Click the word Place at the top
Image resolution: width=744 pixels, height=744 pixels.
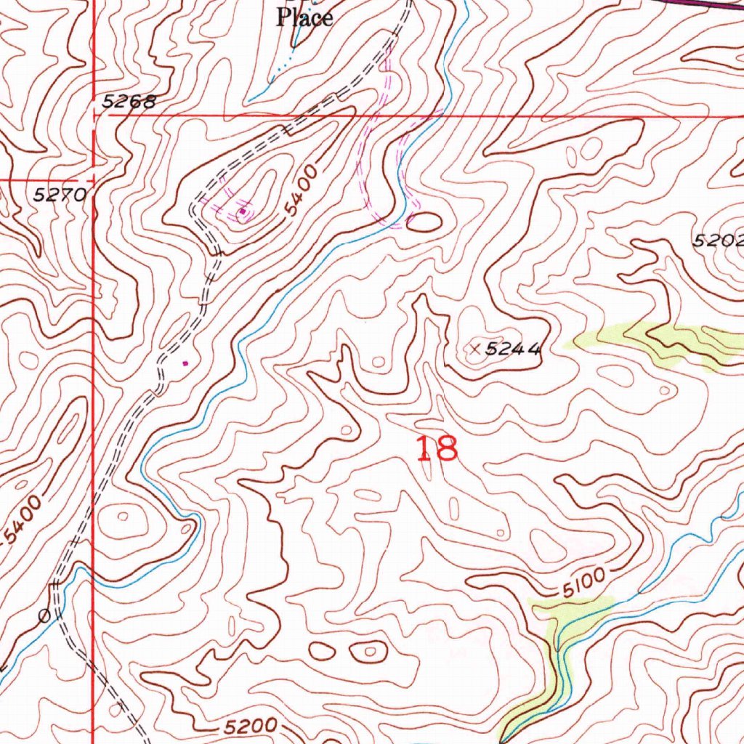click(304, 17)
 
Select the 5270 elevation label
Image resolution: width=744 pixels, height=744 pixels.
click(61, 194)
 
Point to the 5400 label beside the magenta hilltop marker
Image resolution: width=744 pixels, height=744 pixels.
click(302, 190)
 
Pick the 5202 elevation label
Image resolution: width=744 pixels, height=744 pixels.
click(718, 240)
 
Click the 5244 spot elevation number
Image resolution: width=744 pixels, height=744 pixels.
click(513, 349)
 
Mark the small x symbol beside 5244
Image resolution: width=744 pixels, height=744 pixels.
click(475, 349)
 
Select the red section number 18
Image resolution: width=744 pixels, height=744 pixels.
click(437, 449)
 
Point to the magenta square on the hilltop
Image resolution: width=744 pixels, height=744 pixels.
click(242, 212)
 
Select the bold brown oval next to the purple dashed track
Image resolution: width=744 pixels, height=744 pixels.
click(424, 222)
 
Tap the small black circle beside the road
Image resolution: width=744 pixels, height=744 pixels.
click(44, 616)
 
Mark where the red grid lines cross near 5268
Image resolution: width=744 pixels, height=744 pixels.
click(93, 114)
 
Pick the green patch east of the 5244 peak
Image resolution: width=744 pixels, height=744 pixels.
click(654, 341)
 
